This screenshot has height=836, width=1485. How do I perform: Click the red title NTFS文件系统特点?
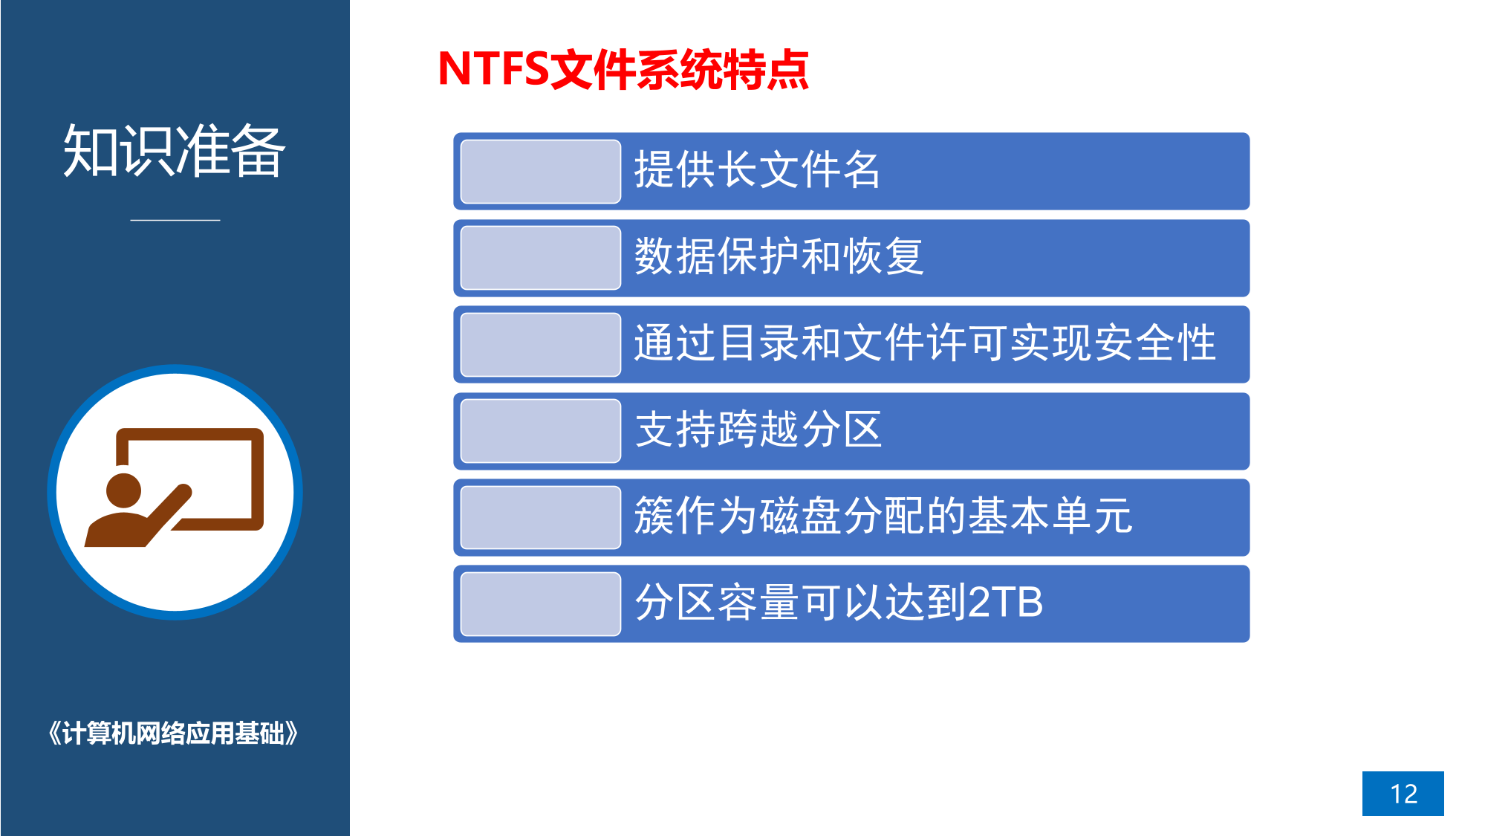(x=623, y=69)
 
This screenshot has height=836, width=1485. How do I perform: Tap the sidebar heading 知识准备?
(x=175, y=151)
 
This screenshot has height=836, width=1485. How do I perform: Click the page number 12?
(x=1403, y=794)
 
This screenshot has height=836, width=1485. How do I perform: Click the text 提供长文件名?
(x=757, y=170)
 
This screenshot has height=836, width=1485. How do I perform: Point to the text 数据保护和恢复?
(x=779, y=256)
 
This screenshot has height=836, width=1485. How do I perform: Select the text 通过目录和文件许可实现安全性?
(x=925, y=343)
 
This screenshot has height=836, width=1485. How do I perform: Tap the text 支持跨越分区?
(x=758, y=430)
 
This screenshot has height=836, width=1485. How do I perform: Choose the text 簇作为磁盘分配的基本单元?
(x=883, y=516)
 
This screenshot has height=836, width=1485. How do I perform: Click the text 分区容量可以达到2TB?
(x=839, y=602)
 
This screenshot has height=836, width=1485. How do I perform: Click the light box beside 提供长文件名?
(x=541, y=172)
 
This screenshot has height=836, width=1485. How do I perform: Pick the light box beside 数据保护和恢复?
(x=541, y=258)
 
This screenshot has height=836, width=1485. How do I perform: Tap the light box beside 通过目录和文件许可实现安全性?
(x=541, y=345)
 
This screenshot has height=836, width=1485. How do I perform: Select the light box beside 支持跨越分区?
(x=541, y=431)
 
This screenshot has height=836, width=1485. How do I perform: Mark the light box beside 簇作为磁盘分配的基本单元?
(x=541, y=517)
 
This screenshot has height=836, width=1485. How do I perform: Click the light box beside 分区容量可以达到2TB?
(x=541, y=604)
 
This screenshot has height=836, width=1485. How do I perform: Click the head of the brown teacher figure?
(x=123, y=491)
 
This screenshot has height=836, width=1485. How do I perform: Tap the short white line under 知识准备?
(x=175, y=220)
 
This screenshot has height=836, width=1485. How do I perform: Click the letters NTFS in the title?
(x=493, y=69)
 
